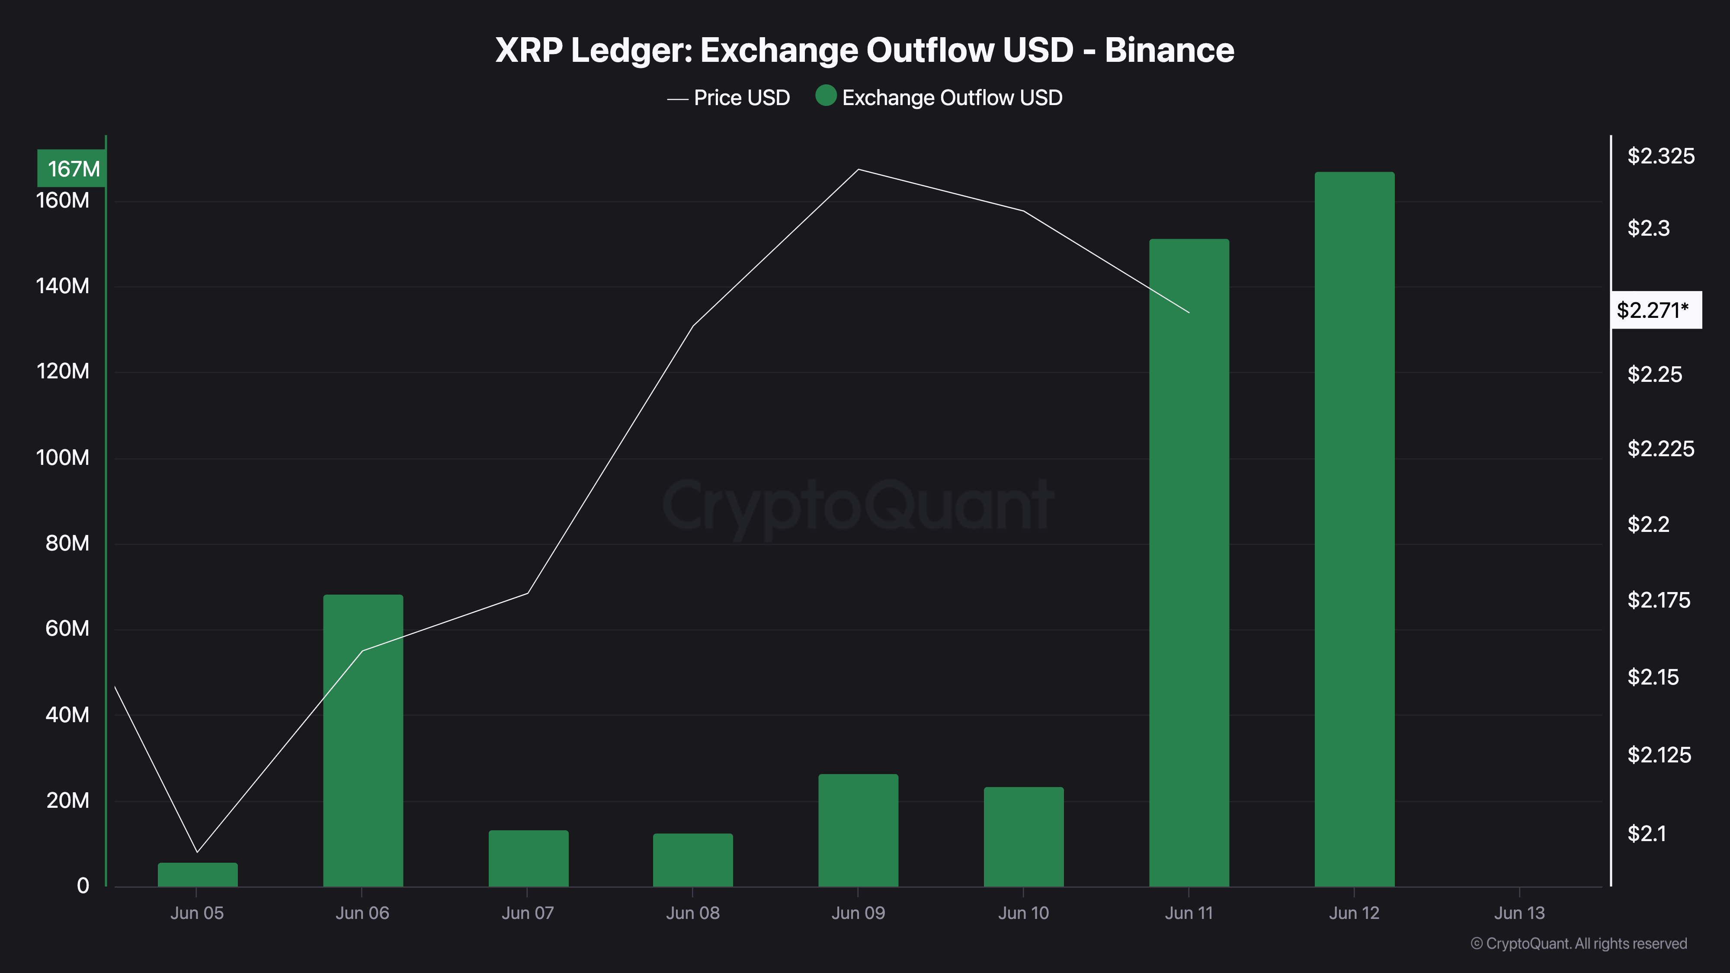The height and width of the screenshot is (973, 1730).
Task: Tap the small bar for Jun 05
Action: (x=198, y=874)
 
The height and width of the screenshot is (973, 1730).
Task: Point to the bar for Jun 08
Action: (x=692, y=860)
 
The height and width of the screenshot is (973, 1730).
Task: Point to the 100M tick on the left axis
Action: (x=62, y=458)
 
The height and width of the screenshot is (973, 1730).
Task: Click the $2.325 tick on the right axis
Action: (x=1661, y=157)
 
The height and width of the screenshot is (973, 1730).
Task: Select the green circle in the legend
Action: (x=825, y=96)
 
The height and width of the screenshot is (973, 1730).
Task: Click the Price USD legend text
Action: (x=741, y=98)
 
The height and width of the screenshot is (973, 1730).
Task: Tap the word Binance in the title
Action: (x=1169, y=50)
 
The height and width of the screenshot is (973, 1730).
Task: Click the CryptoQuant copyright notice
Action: (x=1578, y=944)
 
